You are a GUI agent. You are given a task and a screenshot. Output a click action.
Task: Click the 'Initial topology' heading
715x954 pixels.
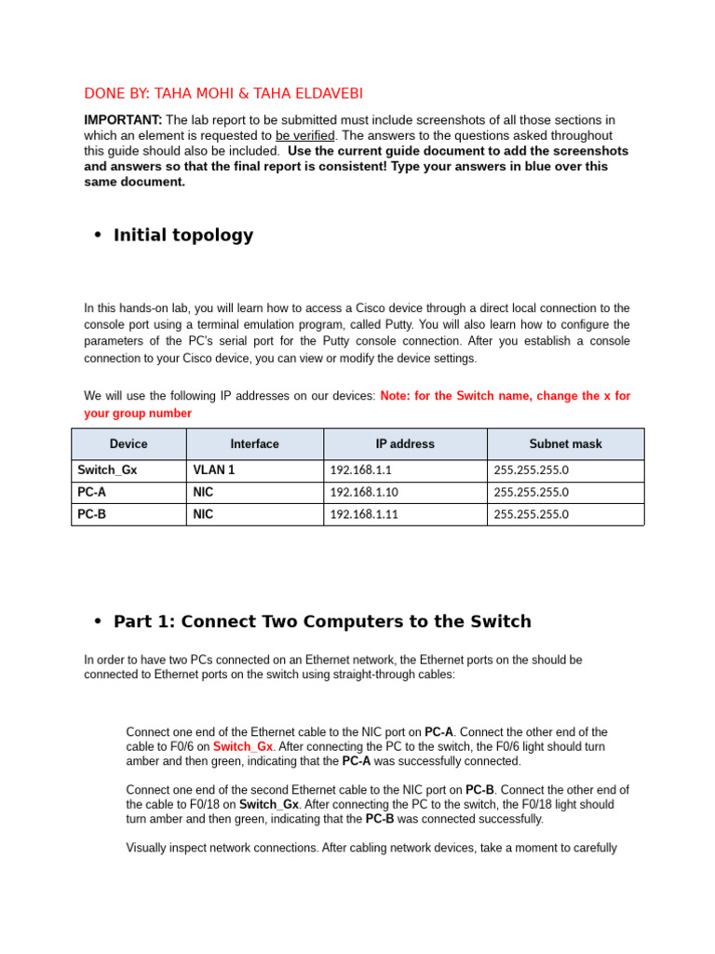[182, 235]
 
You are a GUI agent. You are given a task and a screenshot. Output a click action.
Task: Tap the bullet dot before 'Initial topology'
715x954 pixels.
[97, 235]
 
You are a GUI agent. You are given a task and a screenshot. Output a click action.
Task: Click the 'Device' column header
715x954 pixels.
[128, 444]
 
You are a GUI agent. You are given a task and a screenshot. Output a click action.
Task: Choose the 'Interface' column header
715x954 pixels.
[254, 444]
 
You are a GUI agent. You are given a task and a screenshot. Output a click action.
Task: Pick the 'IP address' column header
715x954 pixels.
[404, 444]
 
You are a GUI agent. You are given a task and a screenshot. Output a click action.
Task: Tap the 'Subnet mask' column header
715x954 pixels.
[565, 444]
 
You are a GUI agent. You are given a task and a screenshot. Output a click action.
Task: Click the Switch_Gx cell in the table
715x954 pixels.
[107, 470]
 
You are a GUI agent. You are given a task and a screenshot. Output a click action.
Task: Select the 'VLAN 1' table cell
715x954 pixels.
[213, 470]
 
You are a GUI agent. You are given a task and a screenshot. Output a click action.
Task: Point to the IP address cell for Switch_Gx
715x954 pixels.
[360, 470]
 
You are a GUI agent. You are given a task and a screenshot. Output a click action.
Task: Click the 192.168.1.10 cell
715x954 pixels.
[364, 492]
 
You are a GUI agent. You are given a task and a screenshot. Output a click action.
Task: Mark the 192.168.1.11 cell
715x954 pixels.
[364, 514]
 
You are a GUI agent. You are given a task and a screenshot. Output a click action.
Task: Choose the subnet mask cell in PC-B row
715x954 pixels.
[531, 514]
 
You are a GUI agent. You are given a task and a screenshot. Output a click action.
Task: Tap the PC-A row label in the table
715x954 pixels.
[91, 492]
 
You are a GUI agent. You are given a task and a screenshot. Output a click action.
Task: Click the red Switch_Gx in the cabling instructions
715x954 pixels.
[242, 747]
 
